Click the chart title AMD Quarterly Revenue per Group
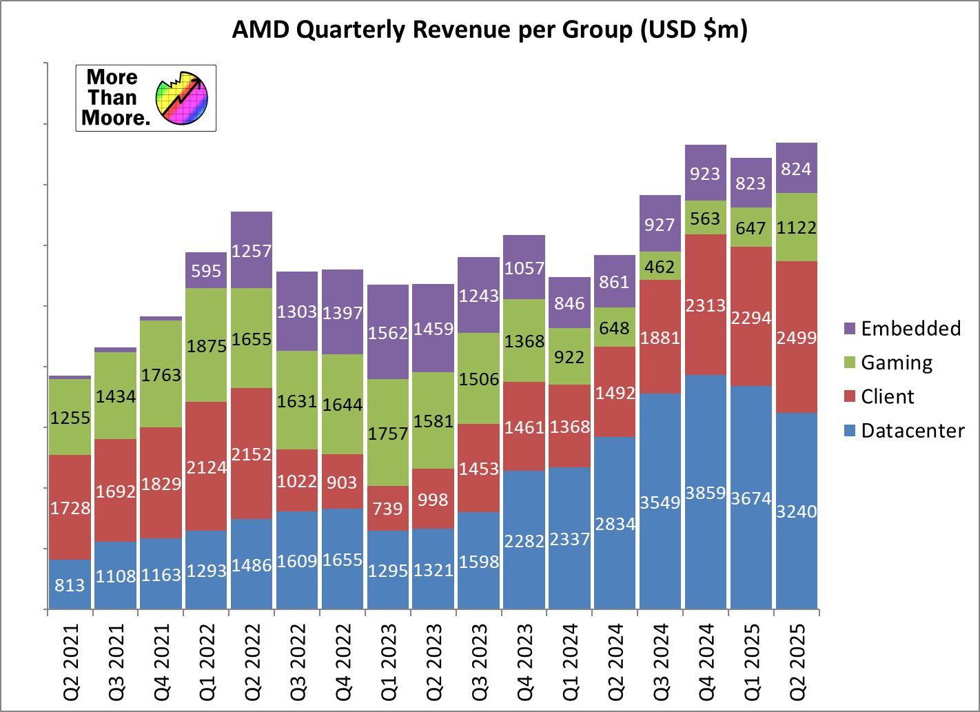pos(489,30)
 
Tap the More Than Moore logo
pos(145,98)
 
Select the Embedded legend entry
pos(902,329)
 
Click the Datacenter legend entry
pos(904,431)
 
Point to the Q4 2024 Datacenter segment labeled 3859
pos(705,492)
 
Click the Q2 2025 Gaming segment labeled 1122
pos(796,227)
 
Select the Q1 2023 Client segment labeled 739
pos(387,508)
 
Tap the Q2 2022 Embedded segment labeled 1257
pos(251,250)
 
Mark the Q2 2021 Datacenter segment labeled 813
pos(70,584)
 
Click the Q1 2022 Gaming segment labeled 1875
pos(206,345)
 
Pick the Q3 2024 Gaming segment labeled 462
pos(660,266)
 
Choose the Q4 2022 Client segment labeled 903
pos(342,481)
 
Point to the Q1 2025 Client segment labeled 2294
pos(751,316)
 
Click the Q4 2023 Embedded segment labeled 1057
pos(524,267)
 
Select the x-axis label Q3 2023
pos(479,661)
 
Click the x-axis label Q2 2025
pos(797,661)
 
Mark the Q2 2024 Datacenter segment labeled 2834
pos(615,523)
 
